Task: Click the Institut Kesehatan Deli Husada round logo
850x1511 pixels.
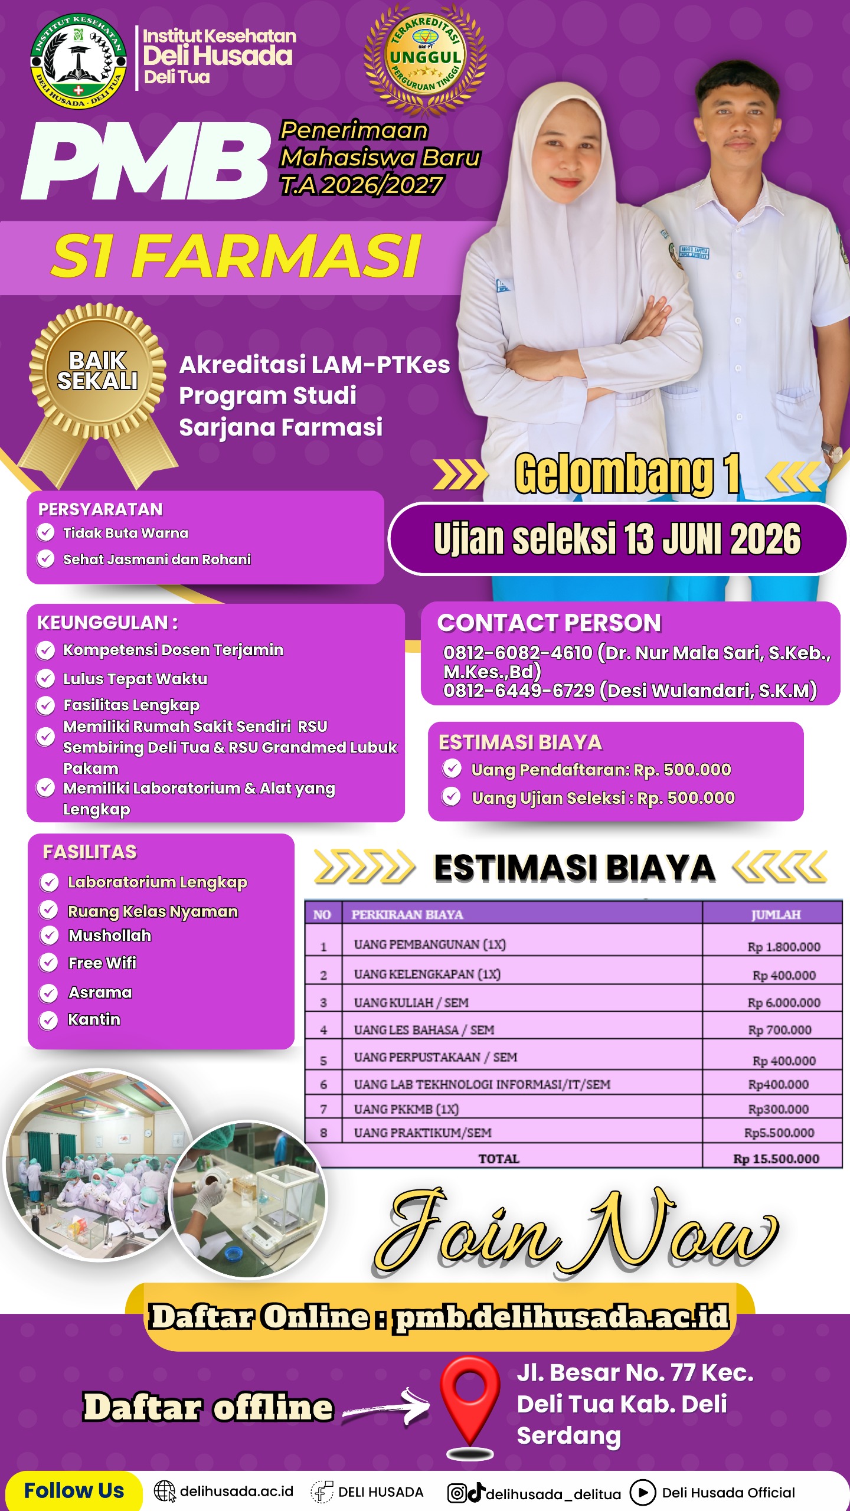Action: pyautogui.click(x=79, y=61)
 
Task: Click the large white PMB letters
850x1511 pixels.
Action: pyautogui.click(x=145, y=161)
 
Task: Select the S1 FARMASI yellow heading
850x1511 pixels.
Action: pyautogui.click(x=236, y=256)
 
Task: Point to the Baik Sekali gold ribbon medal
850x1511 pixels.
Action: pyautogui.click(x=97, y=372)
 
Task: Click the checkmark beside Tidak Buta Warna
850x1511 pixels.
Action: pyautogui.click(x=45, y=532)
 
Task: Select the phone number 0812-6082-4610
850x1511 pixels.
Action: pyautogui.click(x=518, y=653)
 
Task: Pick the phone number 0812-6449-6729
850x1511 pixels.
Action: pyautogui.click(x=518, y=691)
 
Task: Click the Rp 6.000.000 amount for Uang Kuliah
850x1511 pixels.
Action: pyautogui.click(x=784, y=1003)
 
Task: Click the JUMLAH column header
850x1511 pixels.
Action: pyautogui.click(x=776, y=914)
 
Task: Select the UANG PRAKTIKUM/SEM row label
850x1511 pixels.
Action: pyautogui.click(x=423, y=1133)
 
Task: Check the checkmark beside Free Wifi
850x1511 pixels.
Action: pyautogui.click(x=48, y=963)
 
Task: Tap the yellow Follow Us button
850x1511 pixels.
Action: pyautogui.click(x=74, y=1491)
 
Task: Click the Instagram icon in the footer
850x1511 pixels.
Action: pyautogui.click(x=456, y=1493)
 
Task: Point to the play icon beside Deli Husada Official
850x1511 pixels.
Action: pyautogui.click(x=643, y=1493)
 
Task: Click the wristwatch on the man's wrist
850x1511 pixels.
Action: pyautogui.click(x=833, y=452)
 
